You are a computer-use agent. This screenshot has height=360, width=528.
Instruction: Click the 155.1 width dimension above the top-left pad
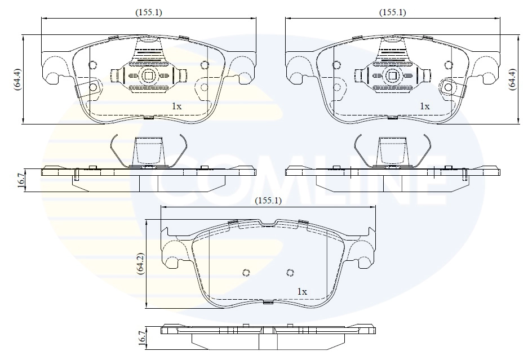tap(148, 12)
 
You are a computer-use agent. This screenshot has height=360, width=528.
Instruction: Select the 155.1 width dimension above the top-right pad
tap(392, 12)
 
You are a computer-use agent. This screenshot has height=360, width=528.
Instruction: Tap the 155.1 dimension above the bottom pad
tap(268, 200)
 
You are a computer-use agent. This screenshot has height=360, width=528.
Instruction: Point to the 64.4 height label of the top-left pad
tap(17, 79)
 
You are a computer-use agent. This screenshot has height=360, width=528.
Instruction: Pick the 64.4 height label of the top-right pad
tap(512, 79)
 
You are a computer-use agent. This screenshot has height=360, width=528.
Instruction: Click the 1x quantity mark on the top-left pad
tap(176, 105)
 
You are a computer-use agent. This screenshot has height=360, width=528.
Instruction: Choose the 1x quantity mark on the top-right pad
tap(424, 105)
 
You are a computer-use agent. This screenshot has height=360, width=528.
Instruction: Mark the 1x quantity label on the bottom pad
tap(301, 291)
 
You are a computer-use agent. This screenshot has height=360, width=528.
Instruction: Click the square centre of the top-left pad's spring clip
tap(148, 75)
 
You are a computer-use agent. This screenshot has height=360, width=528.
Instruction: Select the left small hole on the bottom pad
tap(246, 273)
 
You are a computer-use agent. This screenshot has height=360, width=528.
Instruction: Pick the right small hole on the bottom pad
tap(290, 273)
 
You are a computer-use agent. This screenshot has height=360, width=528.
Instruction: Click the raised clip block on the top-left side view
tap(148, 151)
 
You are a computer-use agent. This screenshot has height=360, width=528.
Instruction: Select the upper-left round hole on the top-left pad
tap(94, 64)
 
